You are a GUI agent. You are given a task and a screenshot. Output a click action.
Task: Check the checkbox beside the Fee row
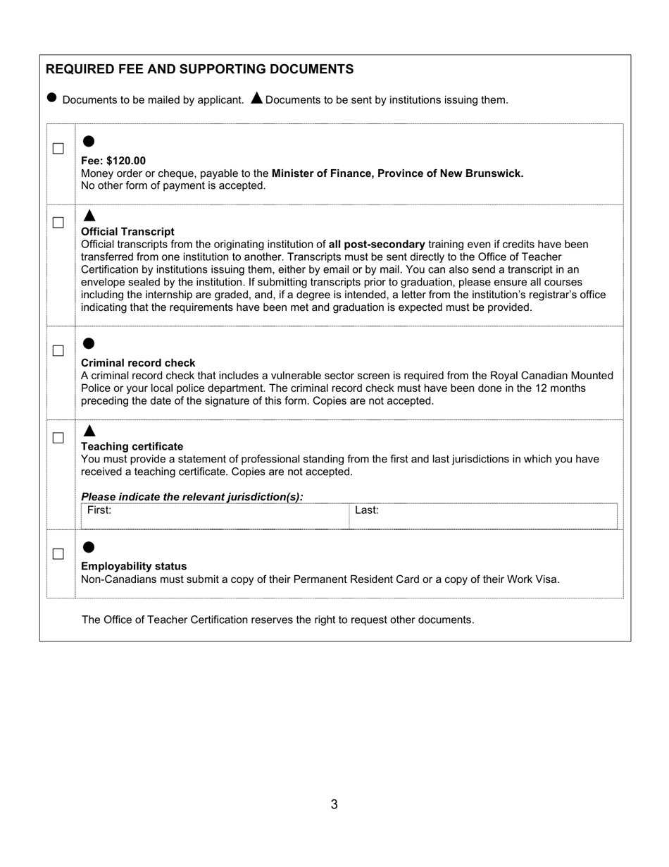pos(58,149)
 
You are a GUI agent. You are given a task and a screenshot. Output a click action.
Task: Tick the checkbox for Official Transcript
pos(58,223)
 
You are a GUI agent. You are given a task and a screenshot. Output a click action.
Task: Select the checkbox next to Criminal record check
pos(58,351)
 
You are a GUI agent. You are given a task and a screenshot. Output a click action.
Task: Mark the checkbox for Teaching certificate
pos(58,438)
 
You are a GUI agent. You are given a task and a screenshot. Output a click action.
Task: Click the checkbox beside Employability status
pos(58,554)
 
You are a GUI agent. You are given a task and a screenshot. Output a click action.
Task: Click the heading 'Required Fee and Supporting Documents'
pos(199,69)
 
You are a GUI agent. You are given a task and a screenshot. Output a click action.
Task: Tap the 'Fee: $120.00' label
pos(113,161)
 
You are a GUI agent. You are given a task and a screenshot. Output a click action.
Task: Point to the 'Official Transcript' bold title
pos(127,231)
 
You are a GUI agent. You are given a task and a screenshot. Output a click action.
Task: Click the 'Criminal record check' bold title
pos(138,363)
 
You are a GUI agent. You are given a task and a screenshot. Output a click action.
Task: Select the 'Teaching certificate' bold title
pos(132,446)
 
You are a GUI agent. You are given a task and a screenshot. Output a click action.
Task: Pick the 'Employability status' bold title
pos(134,566)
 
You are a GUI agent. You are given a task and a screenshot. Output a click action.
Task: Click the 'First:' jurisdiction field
pos(215,516)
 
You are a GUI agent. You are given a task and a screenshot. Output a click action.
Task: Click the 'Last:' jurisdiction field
pos(482,516)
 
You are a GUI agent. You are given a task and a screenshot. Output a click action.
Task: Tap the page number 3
pos(334,804)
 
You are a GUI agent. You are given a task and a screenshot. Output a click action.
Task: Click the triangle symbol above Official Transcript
pos(89,215)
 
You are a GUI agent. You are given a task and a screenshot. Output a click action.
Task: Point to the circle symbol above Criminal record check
pos(89,343)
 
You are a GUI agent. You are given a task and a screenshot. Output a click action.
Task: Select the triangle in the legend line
pos(257,98)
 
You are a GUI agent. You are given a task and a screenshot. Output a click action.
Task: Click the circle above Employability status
pos(89,547)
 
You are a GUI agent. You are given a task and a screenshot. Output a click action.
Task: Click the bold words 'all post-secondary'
pos(377,245)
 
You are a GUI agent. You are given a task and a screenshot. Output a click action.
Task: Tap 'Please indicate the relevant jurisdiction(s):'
pos(192,497)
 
